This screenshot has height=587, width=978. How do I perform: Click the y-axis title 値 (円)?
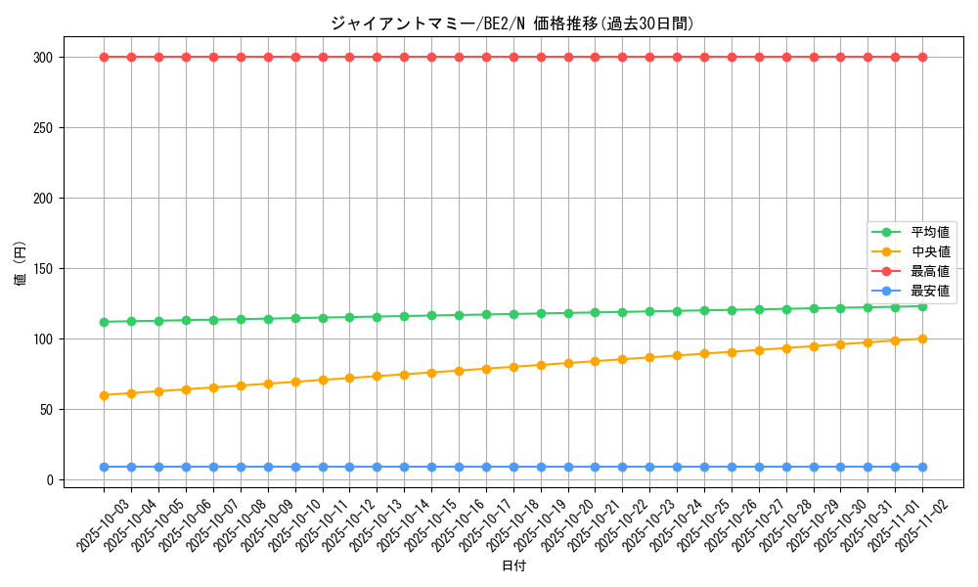click(x=21, y=264)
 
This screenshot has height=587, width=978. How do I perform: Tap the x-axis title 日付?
click(x=513, y=566)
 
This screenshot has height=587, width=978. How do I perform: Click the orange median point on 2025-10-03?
click(x=104, y=395)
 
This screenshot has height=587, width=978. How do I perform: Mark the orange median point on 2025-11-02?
click(x=922, y=339)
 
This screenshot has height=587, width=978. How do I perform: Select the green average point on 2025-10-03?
click(x=104, y=322)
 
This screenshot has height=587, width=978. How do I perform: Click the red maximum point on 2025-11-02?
click(x=922, y=57)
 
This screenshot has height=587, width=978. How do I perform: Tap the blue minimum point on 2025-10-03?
click(x=104, y=467)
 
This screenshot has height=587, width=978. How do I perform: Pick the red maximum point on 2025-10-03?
click(x=104, y=57)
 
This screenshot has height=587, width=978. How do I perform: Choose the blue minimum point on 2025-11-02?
click(x=922, y=467)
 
